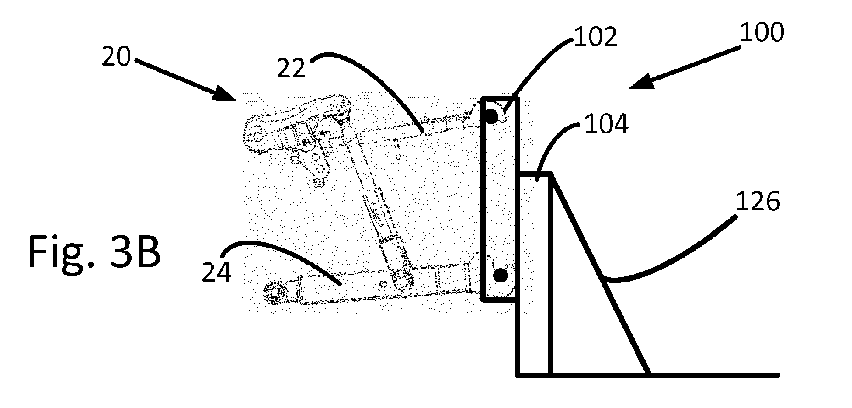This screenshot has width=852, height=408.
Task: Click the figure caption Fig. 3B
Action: (x=94, y=252)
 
